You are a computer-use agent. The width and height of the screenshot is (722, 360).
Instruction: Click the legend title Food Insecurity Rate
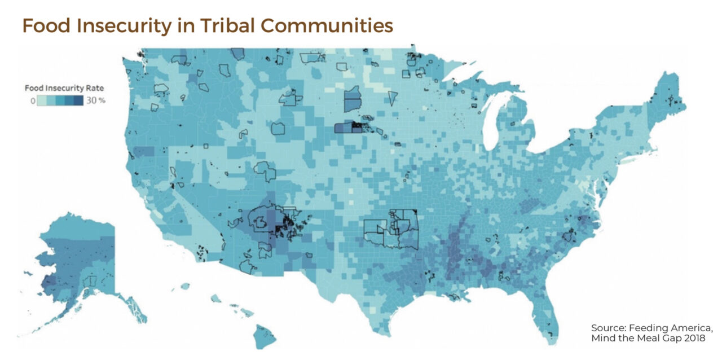tap(64, 89)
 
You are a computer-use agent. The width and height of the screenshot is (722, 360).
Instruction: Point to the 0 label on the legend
tap(33, 100)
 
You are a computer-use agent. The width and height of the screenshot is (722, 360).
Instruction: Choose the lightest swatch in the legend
tap(42, 100)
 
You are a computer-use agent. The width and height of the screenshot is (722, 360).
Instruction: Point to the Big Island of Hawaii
tap(263, 336)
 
